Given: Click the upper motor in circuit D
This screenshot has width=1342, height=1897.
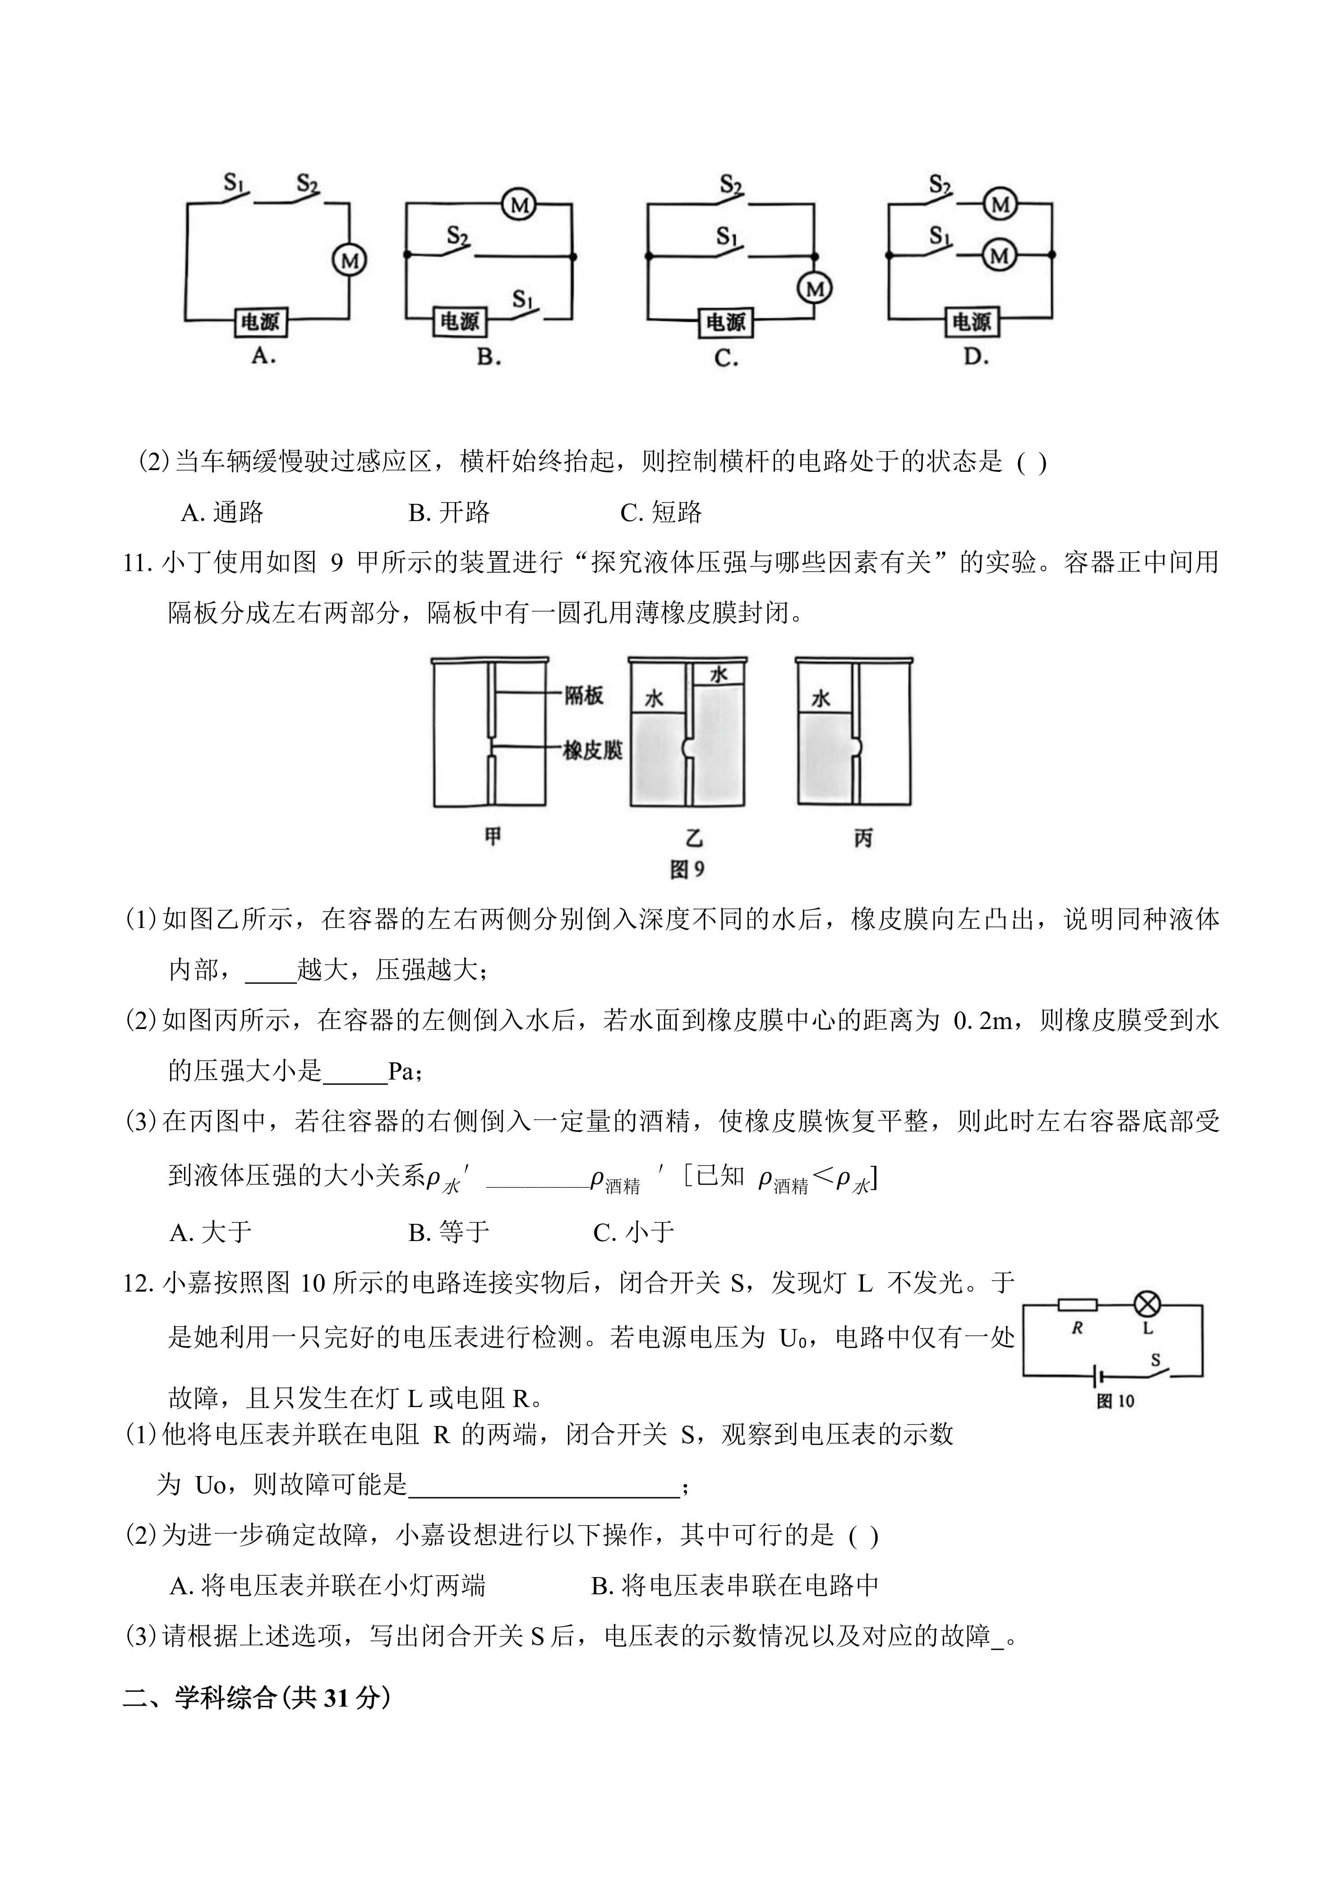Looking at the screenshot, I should pyautogui.click(x=1000, y=204).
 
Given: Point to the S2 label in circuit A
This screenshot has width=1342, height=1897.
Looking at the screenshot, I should pyautogui.click(x=307, y=184).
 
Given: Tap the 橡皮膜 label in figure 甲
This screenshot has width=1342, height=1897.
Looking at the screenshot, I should pyautogui.click(x=592, y=750).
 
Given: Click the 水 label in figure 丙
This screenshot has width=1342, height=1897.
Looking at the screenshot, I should pyautogui.click(x=821, y=699).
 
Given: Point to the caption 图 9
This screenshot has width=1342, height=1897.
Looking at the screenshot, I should pyautogui.click(x=687, y=869).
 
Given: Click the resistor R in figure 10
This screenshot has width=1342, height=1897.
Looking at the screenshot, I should pyautogui.click(x=1078, y=1306).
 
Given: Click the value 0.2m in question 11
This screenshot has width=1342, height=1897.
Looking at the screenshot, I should pyautogui.click(x=982, y=1022).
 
